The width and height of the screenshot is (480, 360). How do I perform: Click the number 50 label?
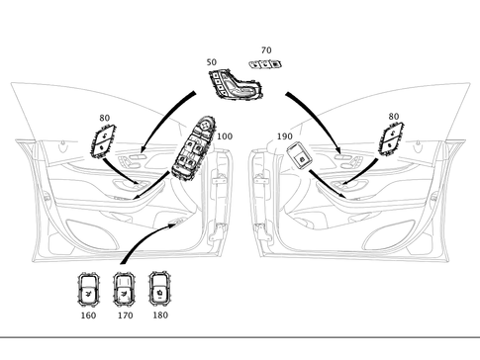(x=212, y=62)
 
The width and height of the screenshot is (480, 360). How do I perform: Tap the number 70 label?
(x=265, y=49)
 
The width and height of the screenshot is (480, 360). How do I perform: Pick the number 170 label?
(x=124, y=317)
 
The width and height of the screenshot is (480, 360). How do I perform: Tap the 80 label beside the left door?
(x=104, y=119)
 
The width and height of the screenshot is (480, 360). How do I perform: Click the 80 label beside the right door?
(x=394, y=117)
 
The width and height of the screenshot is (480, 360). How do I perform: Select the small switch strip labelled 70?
(x=264, y=63)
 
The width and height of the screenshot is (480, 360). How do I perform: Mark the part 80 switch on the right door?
(x=393, y=140)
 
